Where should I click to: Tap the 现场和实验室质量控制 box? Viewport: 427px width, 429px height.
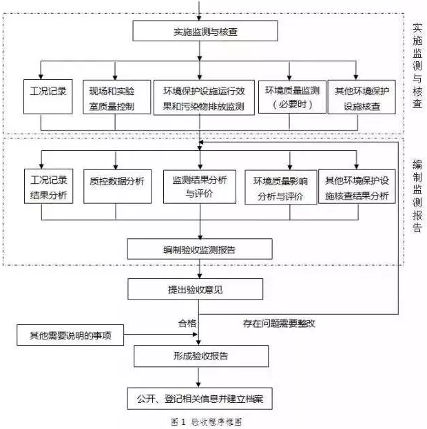114,96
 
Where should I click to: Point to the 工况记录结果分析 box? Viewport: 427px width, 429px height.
49,186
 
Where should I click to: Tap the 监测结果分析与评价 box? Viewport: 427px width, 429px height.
200,185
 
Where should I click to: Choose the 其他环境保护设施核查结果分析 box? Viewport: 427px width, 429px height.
356,187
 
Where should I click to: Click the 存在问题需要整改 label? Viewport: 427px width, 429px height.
279,322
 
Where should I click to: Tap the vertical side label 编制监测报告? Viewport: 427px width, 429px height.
417,196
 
